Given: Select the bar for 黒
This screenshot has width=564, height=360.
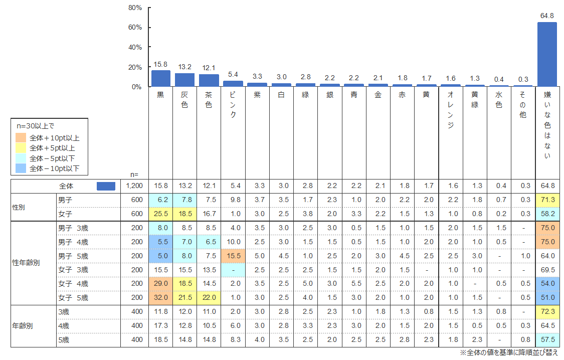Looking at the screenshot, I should (x=161, y=78).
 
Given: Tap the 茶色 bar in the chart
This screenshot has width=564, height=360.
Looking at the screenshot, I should (x=209, y=80).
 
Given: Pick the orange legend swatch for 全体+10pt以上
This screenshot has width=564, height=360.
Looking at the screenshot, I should (x=21, y=138).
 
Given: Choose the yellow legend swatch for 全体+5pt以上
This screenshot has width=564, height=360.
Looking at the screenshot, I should (x=21, y=148).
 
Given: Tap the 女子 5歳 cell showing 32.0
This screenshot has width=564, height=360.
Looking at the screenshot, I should (x=160, y=297).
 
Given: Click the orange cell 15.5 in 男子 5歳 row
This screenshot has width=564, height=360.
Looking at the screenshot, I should (x=233, y=256).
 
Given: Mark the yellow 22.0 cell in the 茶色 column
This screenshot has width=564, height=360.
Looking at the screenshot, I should (x=209, y=297).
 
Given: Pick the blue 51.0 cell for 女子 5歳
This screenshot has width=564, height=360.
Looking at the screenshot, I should (x=547, y=297).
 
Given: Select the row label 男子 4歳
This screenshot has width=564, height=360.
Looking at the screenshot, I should (x=73, y=242).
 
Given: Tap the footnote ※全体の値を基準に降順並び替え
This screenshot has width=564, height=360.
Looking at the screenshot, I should (x=509, y=352).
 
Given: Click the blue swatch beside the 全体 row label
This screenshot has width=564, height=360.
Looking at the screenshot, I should (x=106, y=186).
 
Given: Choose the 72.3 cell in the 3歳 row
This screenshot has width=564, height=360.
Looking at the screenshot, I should (x=547, y=311).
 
